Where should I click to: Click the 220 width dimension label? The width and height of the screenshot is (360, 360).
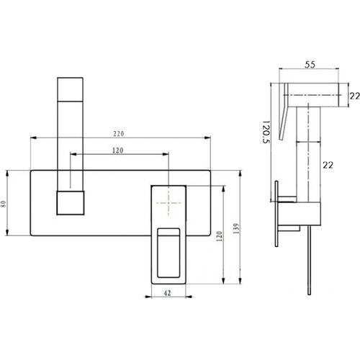pos(119,134)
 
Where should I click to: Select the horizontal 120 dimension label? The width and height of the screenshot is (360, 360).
pos(117,150)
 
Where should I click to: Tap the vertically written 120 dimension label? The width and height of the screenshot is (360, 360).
pos(219,236)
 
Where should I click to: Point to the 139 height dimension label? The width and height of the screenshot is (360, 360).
pos(236,228)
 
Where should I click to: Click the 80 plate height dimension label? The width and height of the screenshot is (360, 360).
pos(3,204)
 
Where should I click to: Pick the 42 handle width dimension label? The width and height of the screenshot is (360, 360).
pos(167,293)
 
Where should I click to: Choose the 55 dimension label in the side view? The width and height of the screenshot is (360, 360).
pos(310,65)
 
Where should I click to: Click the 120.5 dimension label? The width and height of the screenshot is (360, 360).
pos(266,132)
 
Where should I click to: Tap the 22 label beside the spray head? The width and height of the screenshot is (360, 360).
pos(354,96)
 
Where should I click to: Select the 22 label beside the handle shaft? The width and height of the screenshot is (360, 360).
pos(328,165)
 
